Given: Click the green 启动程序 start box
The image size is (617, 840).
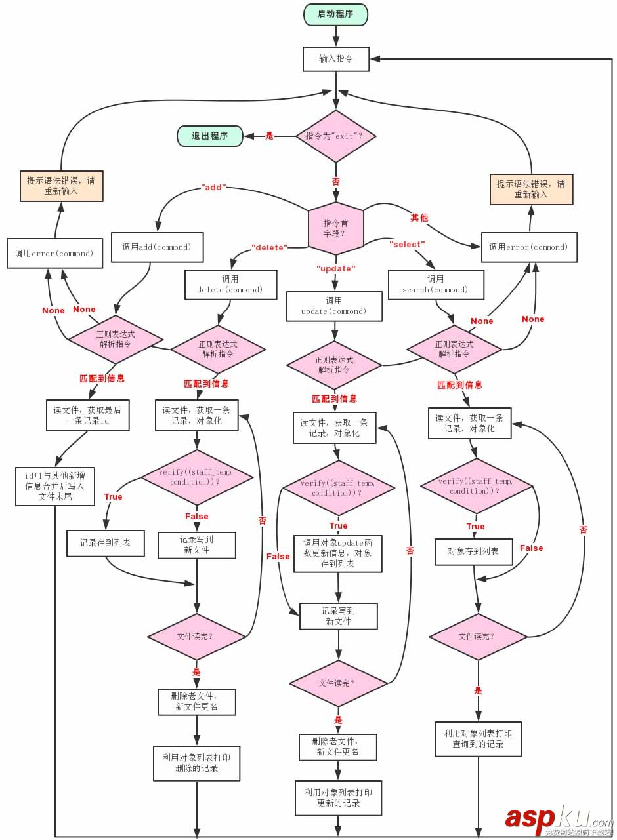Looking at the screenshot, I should (335, 14).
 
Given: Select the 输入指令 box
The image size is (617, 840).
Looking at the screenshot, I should (335, 58).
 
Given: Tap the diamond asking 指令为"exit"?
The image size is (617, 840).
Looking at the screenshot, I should (336, 136).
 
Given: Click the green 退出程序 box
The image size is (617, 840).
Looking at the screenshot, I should (209, 136).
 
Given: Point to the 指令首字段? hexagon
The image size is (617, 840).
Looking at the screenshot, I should (335, 228).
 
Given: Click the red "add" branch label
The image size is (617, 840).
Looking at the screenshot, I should (213, 187).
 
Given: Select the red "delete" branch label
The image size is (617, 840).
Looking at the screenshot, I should (269, 248).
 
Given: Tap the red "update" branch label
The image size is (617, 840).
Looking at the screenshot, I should (335, 269).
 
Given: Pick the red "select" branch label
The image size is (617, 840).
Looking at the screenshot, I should (407, 245).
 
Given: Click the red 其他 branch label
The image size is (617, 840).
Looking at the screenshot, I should (419, 217).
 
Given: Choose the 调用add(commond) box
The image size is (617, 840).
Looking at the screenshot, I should (157, 248).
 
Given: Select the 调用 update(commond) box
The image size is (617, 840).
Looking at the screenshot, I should (334, 306).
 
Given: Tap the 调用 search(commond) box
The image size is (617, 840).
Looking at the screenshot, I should (436, 284).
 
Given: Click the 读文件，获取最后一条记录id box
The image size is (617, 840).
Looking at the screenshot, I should (87, 415).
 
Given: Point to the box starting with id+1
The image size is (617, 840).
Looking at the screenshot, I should (54, 487).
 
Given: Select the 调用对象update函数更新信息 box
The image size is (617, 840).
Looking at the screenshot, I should (337, 553).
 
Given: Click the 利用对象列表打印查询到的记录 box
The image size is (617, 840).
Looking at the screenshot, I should (478, 738).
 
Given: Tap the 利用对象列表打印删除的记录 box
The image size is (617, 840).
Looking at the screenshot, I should (196, 763).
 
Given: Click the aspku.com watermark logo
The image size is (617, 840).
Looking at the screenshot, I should (558, 820).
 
